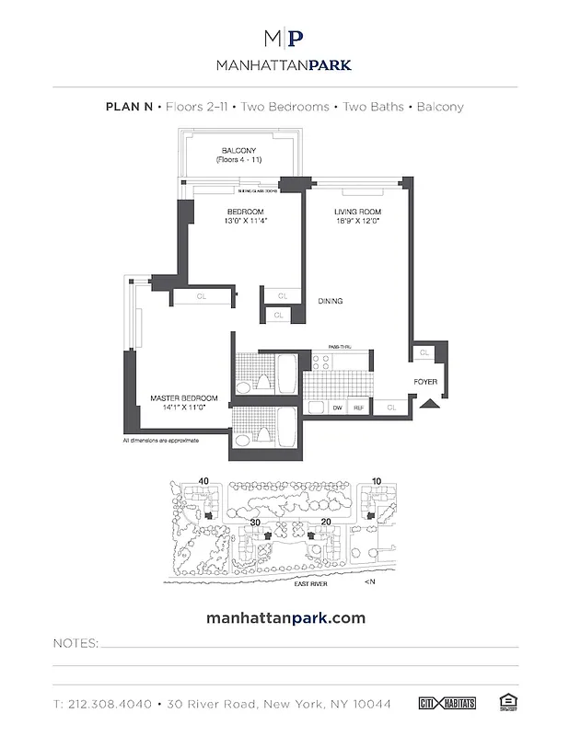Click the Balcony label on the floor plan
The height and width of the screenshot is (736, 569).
click(x=238, y=151)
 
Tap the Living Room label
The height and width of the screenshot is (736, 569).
click(x=357, y=213)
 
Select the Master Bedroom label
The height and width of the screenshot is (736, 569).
click(x=183, y=398)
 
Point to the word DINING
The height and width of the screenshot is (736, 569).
click(x=331, y=300)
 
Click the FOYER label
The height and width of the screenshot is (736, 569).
click(x=424, y=379)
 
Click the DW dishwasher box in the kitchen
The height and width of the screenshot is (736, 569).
click(x=337, y=406)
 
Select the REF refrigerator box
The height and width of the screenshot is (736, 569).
click(x=359, y=406)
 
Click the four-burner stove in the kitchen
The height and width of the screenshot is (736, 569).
click(x=317, y=406)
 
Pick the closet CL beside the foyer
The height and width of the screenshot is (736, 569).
click(x=424, y=352)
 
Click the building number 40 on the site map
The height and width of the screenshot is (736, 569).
click(x=203, y=479)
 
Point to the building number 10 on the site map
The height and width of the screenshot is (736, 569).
click(x=377, y=479)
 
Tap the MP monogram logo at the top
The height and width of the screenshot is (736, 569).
click(x=284, y=40)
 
